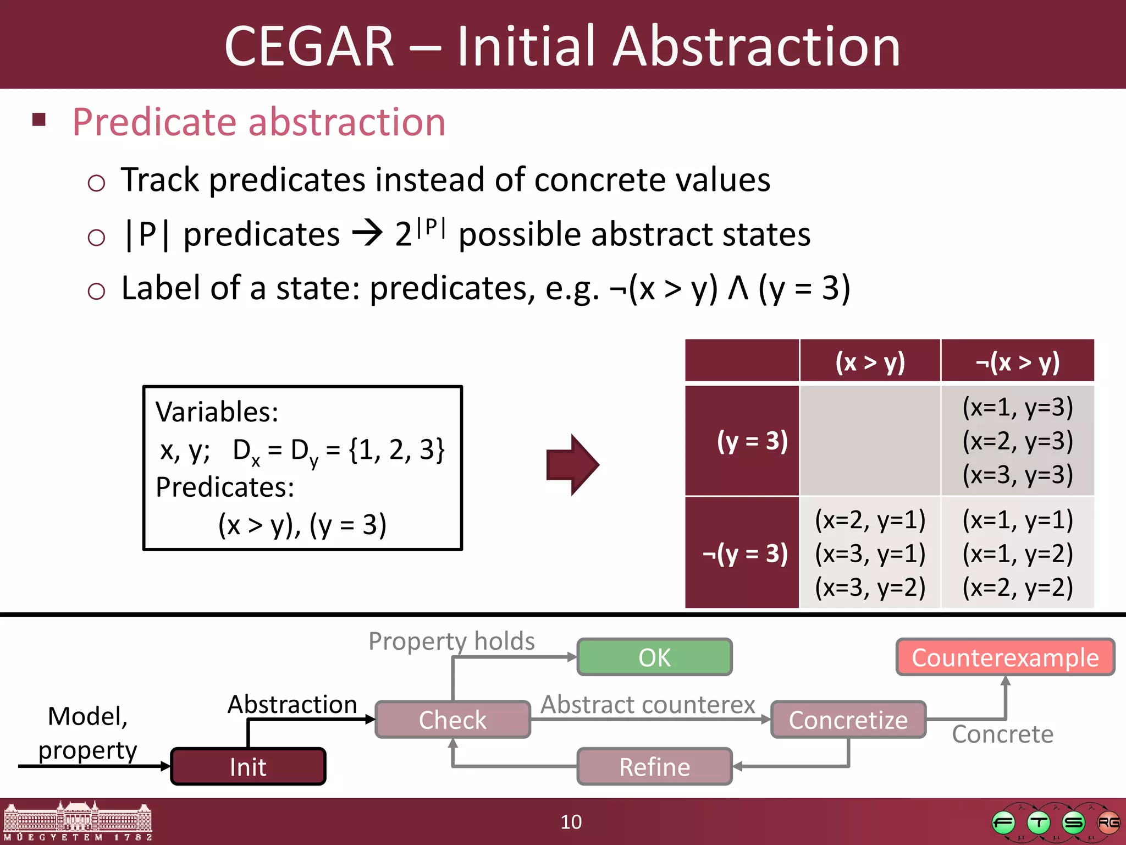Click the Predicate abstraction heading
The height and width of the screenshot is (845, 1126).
pyautogui.click(x=258, y=122)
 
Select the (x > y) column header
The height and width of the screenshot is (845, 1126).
pyautogui.click(x=870, y=362)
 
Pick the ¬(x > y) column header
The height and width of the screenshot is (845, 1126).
pyautogui.click(x=1018, y=362)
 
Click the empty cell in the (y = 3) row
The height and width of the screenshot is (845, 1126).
pyautogui.click(x=870, y=441)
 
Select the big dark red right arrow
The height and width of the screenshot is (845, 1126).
pyautogui.click(x=572, y=465)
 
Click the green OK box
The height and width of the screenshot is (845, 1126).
pyautogui.click(x=654, y=657)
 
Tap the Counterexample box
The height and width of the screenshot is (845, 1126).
pyautogui.click(x=1005, y=657)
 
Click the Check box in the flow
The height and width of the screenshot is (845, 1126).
pyautogui.click(x=452, y=720)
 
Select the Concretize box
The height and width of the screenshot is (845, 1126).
pyautogui.click(x=848, y=720)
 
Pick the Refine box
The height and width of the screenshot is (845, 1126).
pyautogui.click(x=654, y=767)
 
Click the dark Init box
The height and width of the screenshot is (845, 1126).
pyautogui.click(x=248, y=767)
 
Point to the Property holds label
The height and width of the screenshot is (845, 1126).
pyautogui.click(x=451, y=641)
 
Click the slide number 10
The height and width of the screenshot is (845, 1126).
pyautogui.click(x=571, y=822)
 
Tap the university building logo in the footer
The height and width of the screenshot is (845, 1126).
pyautogui.click(x=78, y=821)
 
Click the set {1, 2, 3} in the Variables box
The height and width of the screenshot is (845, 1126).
pyautogui.click(x=396, y=450)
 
